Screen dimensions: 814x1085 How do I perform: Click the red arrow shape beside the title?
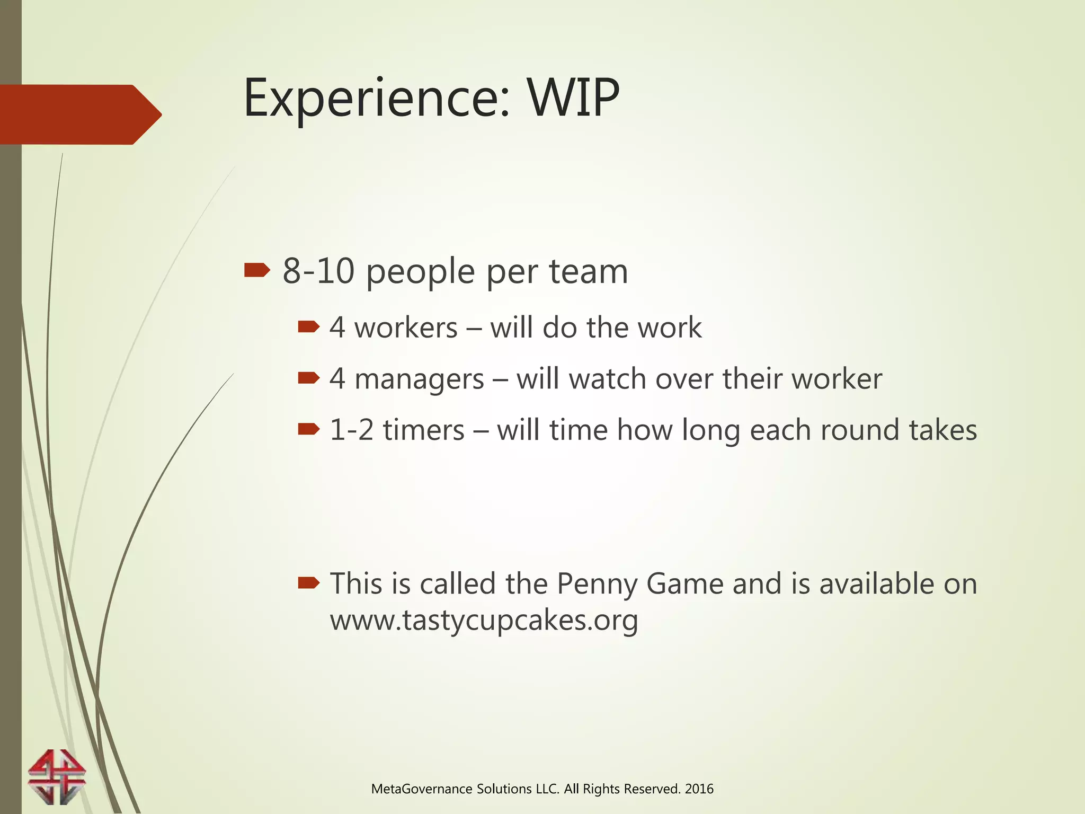[79, 114]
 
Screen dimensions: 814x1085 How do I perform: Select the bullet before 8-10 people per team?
[257, 271]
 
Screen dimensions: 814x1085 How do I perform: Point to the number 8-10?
[318, 271]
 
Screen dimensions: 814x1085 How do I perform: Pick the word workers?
[405, 328]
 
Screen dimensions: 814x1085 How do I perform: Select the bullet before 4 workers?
[308, 327]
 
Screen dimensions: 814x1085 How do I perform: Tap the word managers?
[419, 379]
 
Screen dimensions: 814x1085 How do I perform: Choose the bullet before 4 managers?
[308, 378]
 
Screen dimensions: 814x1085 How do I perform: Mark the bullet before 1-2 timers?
[308, 429]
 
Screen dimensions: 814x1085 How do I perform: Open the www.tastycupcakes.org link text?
[484, 620]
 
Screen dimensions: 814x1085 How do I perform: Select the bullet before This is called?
[308, 583]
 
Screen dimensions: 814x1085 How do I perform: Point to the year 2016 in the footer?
[699, 789]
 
